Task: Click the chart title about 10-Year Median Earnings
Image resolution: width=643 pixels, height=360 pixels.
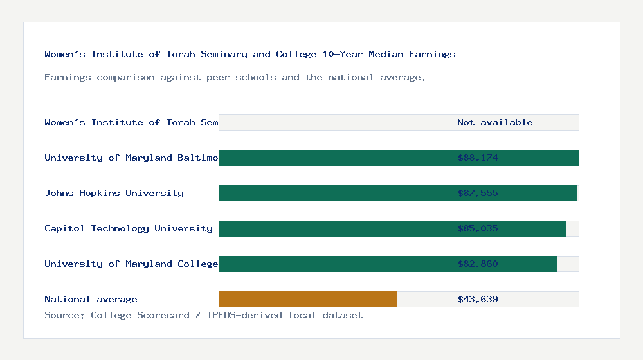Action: [x=250, y=55]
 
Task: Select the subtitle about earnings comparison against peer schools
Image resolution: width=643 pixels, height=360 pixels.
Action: [x=235, y=78]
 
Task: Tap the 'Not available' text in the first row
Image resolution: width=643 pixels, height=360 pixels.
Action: [x=494, y=123]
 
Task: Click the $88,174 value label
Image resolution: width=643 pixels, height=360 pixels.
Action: [x=478, y=158]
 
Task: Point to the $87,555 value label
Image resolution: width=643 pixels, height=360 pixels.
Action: [x=478, y=194]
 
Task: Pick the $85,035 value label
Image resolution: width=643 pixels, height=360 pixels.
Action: [x=478, y=229]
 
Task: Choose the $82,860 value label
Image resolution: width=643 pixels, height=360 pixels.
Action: [x=478, y=264]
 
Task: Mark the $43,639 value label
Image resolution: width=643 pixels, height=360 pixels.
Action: [x=478, y=300]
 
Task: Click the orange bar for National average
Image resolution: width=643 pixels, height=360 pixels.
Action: [x=308, y=300]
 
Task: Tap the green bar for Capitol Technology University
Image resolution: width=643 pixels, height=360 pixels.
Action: [x=334, y=229]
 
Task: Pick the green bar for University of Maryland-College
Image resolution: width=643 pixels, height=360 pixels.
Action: [x=334, y=264]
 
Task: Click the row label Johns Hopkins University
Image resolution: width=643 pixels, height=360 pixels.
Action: [x=114, y=194]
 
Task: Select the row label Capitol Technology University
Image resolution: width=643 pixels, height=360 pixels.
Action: [x=129, y=229]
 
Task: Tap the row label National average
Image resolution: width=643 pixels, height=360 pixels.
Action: [x=91, y=300]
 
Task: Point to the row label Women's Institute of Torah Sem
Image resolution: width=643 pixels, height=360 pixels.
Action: [x=131, y=123]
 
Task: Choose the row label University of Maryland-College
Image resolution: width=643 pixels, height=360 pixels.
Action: [x=131, y=264]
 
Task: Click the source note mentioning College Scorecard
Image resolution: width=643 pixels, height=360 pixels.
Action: [x=203, y=316]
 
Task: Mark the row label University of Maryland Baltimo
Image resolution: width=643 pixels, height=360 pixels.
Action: [x=131, y=158]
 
